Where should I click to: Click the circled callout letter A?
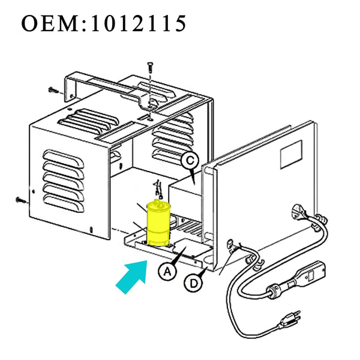click(166, 272)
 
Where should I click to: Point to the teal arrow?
click(133, 272)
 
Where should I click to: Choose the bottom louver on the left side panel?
click(65, 208)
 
